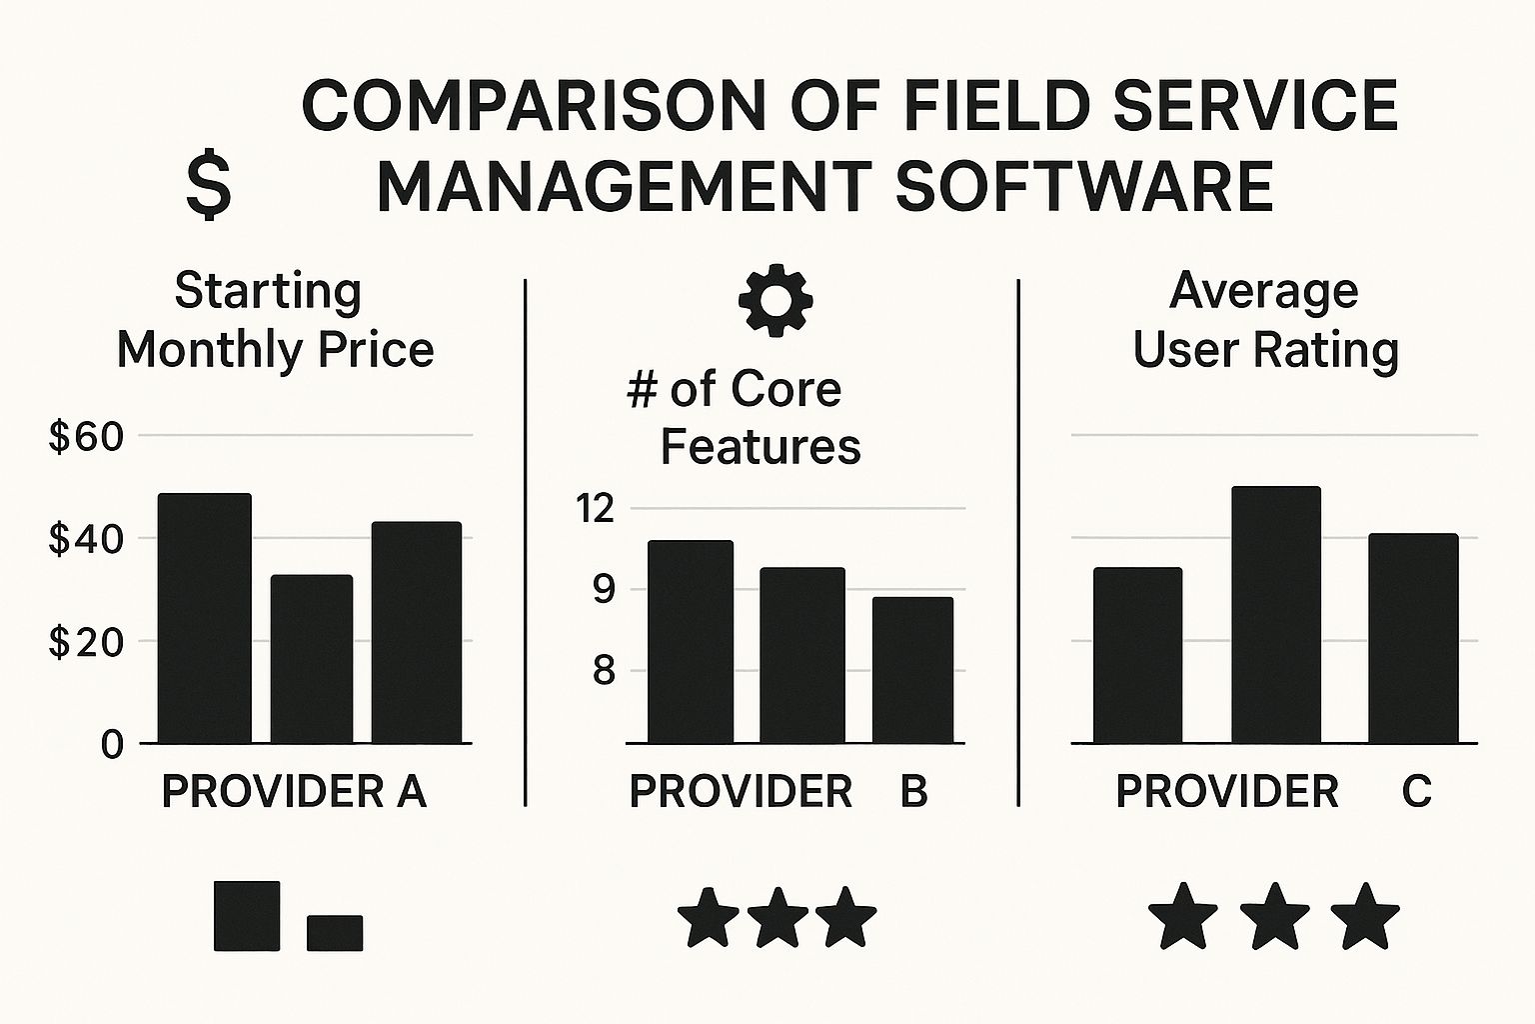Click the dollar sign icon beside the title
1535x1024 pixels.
[208, 187]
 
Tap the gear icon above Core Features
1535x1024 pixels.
[774, 299]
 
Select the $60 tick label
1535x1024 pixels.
[86, 437]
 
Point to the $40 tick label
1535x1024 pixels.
[86, 540]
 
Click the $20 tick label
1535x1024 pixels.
[86, 642]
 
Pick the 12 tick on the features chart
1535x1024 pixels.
[595, 509]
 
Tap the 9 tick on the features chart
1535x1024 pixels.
[603, 589]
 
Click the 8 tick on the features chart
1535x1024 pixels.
[603, 670]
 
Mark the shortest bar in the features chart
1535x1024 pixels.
[912, 670]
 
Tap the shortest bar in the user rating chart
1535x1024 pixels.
[1137, 655]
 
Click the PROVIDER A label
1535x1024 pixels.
[294, 792]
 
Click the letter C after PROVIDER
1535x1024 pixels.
[1416, 792]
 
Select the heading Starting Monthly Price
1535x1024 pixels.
[275, 320]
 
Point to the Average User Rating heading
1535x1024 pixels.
[1265, 320]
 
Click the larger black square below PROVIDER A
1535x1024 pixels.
[247, 915]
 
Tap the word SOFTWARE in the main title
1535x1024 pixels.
[1084, 186]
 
